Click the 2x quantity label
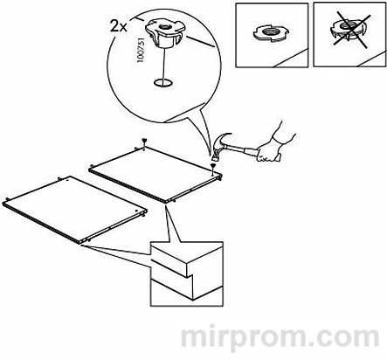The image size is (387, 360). tap(119, 26)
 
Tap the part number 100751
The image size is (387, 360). tap(140, 50)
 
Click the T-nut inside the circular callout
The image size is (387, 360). tap(165, 33)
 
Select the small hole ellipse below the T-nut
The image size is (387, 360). tap(162, 83)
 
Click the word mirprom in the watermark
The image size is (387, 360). tap(244, 337)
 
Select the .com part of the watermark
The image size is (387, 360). tap(345, 337)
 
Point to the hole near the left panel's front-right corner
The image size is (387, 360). tap(136, 211)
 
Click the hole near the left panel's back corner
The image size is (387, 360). tap(67, 181)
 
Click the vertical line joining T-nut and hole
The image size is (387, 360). tap(163, 65)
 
